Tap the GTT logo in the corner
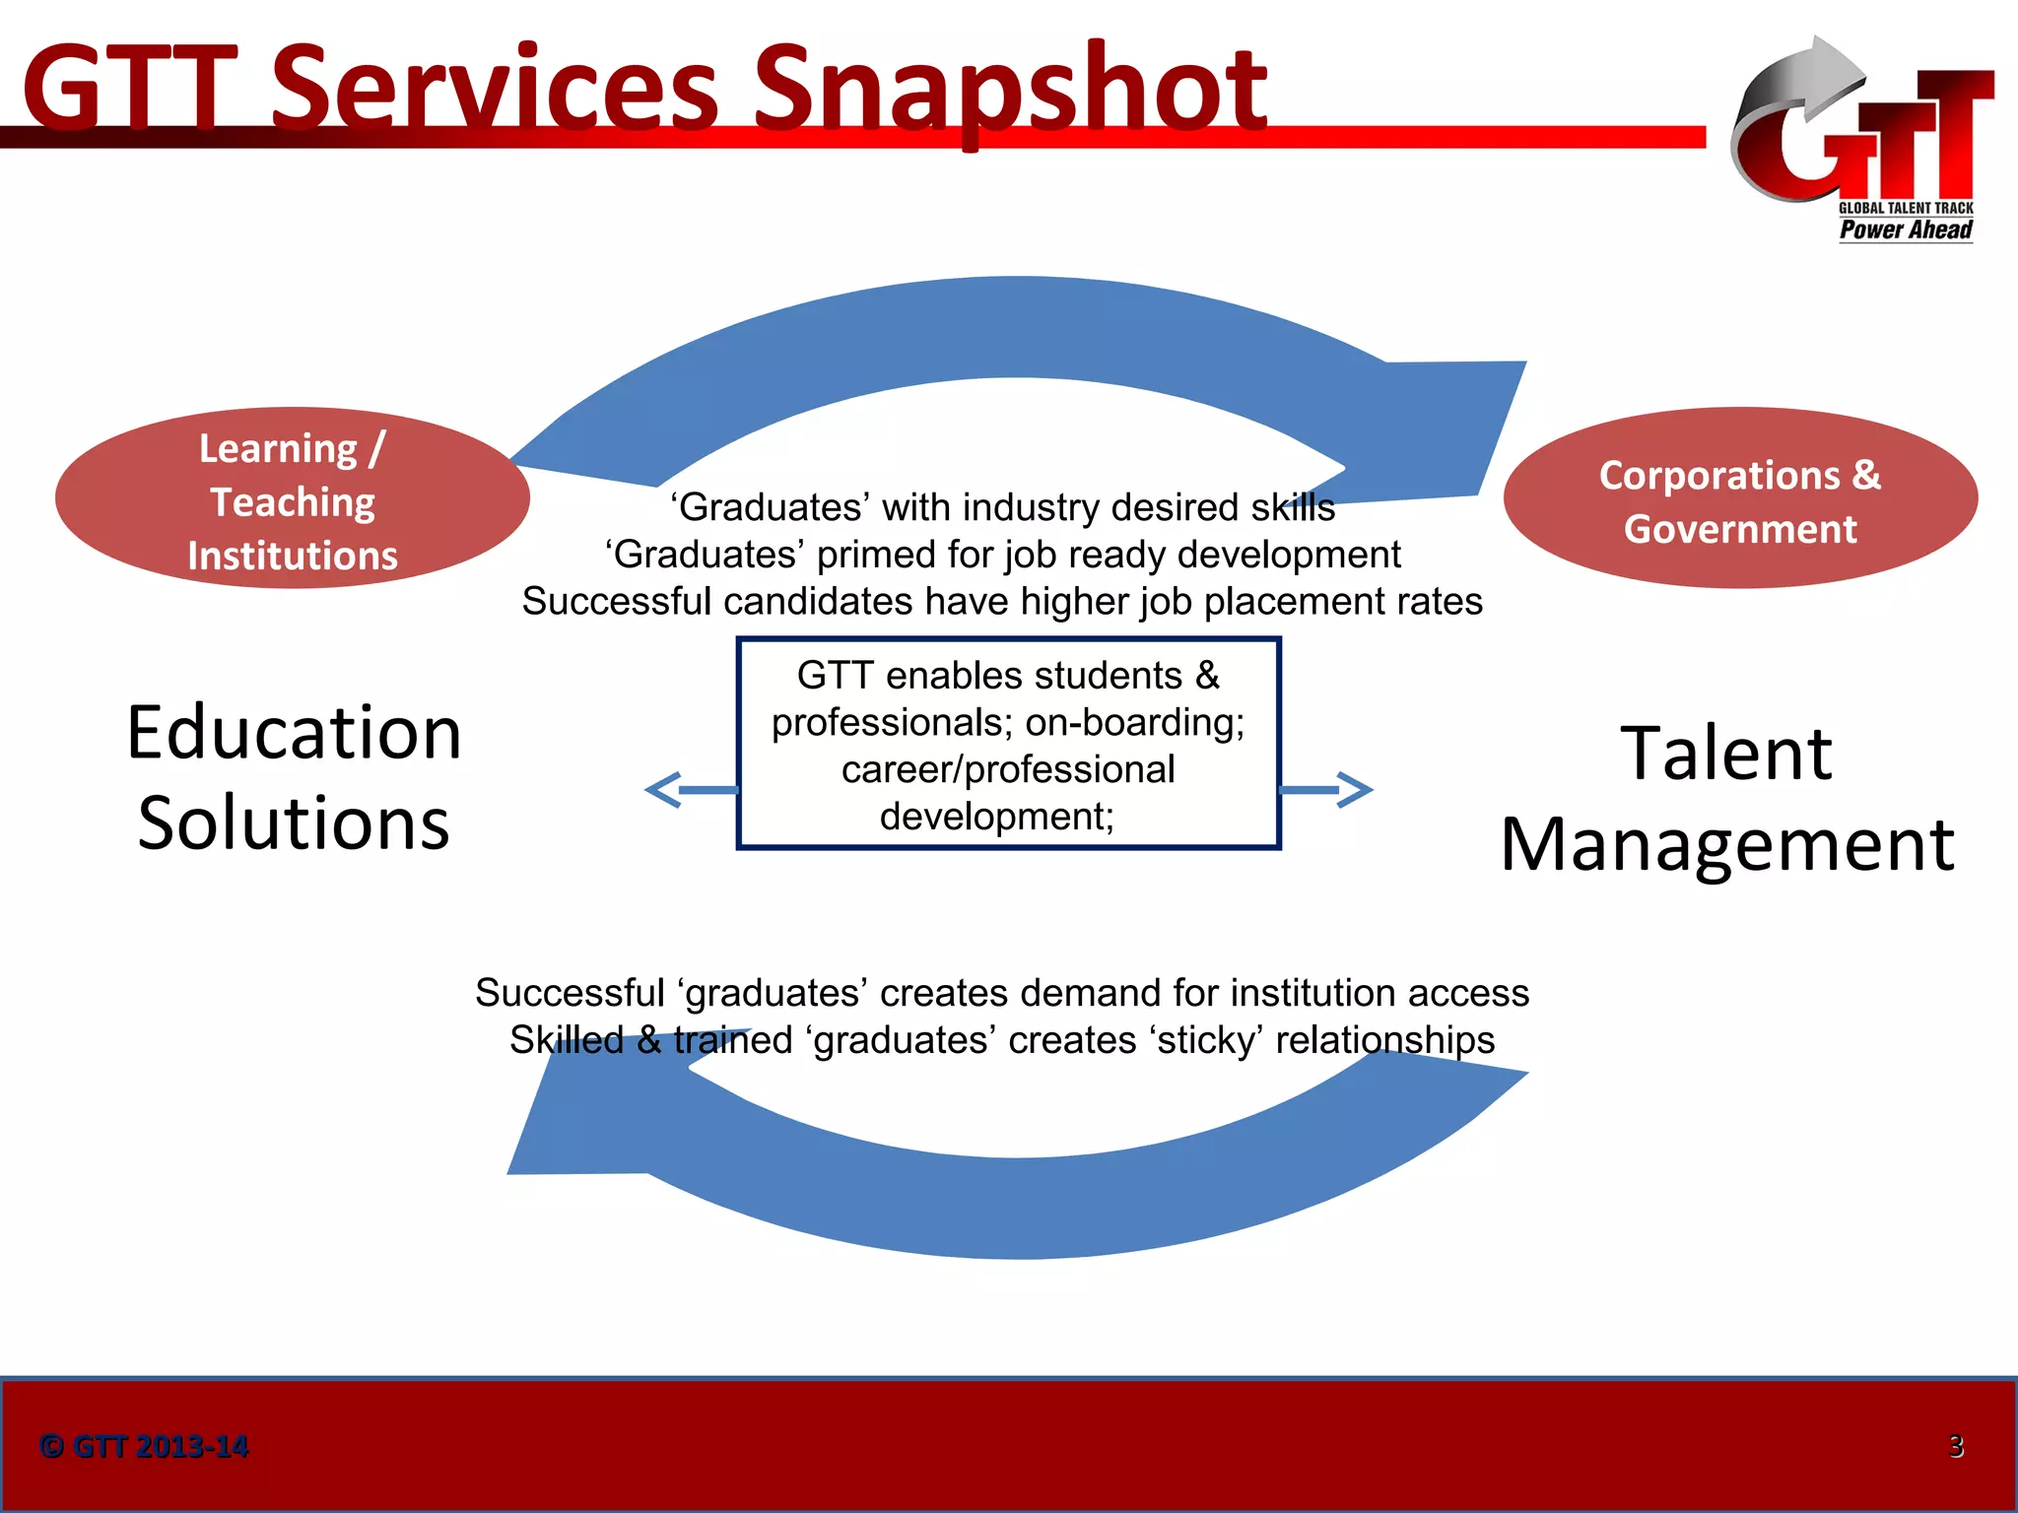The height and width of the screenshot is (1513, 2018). (1862, 138)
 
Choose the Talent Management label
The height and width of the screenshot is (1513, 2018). (1726, 798)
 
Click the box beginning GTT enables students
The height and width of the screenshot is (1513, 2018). (1008, 744)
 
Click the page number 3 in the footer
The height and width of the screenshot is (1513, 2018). (1956, 1446)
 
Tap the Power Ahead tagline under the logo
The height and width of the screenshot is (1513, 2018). (1906, 230)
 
